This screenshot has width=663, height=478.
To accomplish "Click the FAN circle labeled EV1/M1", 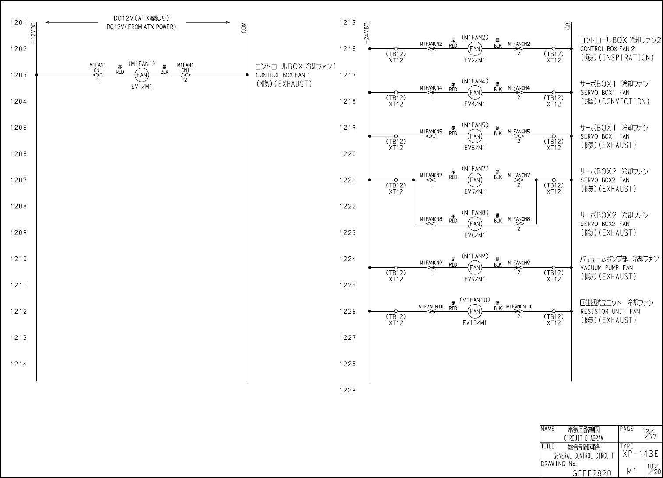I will coord(142,75).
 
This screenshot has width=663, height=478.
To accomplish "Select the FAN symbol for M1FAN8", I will coord(475,224).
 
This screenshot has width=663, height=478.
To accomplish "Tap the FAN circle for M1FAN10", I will coord(475,312).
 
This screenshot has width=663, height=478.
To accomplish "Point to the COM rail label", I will coord(244,28).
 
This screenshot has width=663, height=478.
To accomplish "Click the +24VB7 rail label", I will coord(367,34).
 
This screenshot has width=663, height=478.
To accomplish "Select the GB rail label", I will coord(568,26).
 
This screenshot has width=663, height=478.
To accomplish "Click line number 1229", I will coord(347,390).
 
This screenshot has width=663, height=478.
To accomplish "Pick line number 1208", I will coord(19,206).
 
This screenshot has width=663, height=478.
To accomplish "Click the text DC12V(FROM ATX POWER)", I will coord(141,27).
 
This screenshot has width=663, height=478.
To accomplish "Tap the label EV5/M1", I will coord(475,148).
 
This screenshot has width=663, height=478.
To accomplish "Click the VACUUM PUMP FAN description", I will coord(607,267).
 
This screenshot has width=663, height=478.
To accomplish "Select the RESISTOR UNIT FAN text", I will coord(610,312).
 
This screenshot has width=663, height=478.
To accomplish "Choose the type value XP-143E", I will coord(640,454).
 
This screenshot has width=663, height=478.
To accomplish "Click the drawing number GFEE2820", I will coord(592,473).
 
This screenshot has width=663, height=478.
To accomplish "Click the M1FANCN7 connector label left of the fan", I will coord(431,175).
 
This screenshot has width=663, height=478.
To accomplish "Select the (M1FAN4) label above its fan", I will coord(475,81).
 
